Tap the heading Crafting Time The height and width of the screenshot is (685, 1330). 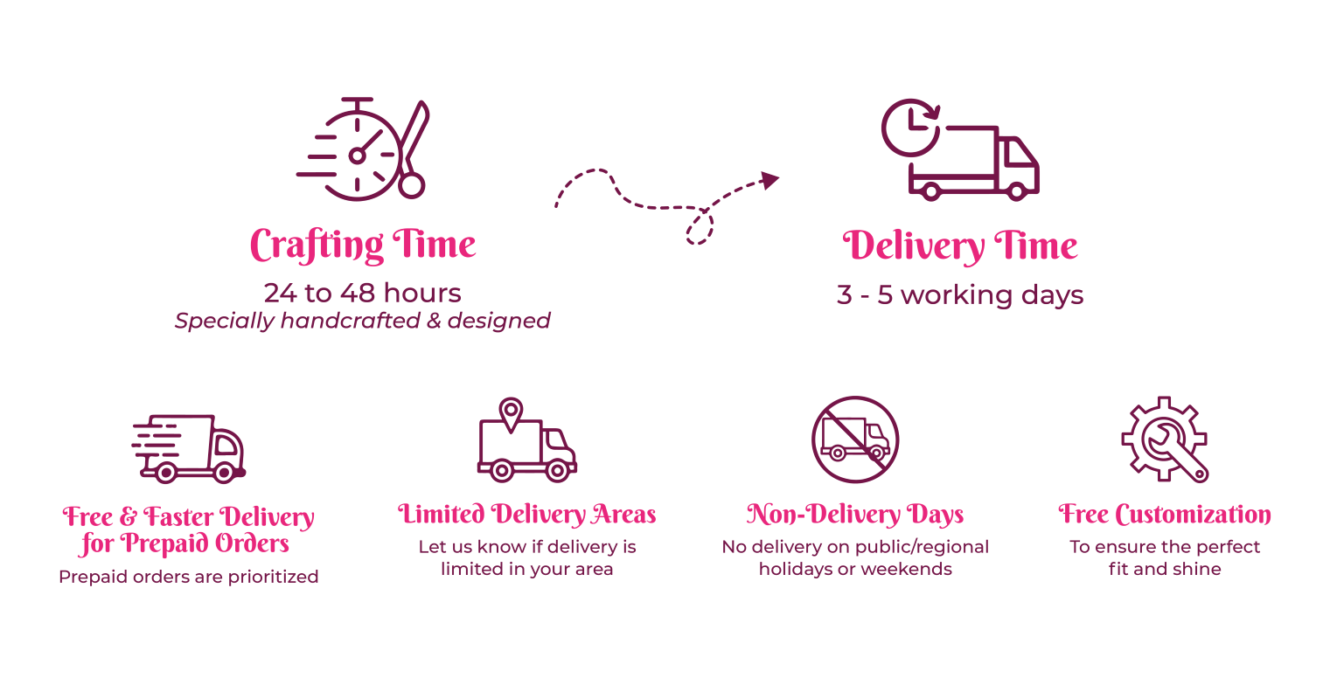coord(363,245)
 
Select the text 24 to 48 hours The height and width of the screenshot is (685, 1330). coord(362,293)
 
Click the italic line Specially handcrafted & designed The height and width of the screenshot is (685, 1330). coord(362,321)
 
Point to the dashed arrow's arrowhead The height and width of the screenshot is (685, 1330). coord(769,180)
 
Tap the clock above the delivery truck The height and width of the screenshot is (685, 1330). coord(910,128)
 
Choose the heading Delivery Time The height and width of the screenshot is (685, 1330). coord(960,246)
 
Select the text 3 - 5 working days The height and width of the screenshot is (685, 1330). coord(960,295)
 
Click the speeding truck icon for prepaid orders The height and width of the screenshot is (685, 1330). coord(189,448)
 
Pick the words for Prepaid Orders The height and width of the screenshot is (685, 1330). coord(185,544)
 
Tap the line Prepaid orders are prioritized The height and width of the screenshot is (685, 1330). coord(188,577)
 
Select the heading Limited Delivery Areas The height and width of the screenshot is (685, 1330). coord(526,514)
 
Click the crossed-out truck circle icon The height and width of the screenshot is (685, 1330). coord(854,439)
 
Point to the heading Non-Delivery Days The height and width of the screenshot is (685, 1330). coord(854,514)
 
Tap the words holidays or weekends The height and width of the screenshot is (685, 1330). coord(854,570)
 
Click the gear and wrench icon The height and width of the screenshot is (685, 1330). coord(1165,439)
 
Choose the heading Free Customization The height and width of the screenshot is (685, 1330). coord(1165,514)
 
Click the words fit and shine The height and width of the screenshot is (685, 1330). coord(1165,570)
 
